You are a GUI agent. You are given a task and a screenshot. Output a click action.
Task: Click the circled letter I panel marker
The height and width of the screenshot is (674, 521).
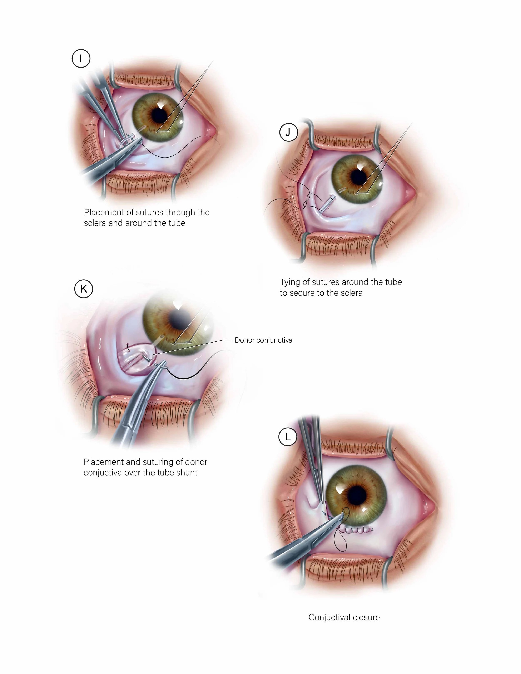81,58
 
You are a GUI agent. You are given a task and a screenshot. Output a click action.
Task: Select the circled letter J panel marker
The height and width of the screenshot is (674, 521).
288,132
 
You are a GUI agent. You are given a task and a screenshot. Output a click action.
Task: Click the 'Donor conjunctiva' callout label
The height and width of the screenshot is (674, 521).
263,340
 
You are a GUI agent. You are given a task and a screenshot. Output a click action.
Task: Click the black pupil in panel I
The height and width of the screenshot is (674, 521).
160,115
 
